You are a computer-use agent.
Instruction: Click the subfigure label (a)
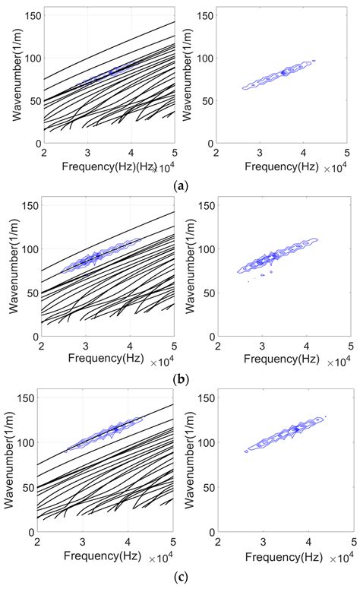pos(180,185)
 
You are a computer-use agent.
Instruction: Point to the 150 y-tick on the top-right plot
pos(204,14)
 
